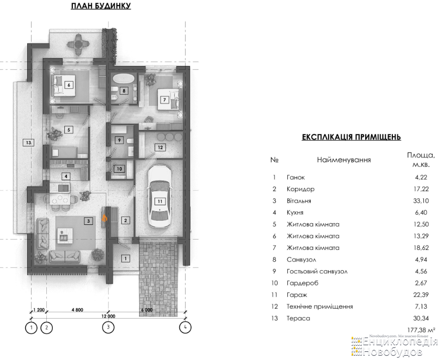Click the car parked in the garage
click(160, 196)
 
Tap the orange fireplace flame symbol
click(104, 218)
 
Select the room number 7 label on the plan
click(164, 100)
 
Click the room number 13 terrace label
click(28, 143)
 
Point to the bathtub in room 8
click(123, 78)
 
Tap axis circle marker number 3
click(108, 328)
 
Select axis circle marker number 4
click(186, 328)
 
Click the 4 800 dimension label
click(77, 310)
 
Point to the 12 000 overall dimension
click(108, 316)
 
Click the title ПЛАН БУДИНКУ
click(101, 6)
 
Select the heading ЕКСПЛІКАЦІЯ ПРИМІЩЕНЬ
click(352, 137)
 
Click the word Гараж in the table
click(297, 295)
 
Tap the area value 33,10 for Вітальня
click(421, 201)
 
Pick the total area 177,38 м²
click(421, 330)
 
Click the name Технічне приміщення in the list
click(320, 307)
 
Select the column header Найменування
click(344, 160)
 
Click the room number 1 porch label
click(126, 258)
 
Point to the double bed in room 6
click(64, 86)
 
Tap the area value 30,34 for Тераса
click(421, 319)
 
